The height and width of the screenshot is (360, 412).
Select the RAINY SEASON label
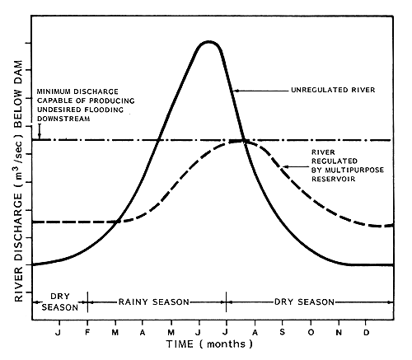157,302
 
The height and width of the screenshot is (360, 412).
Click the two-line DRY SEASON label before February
58,302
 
